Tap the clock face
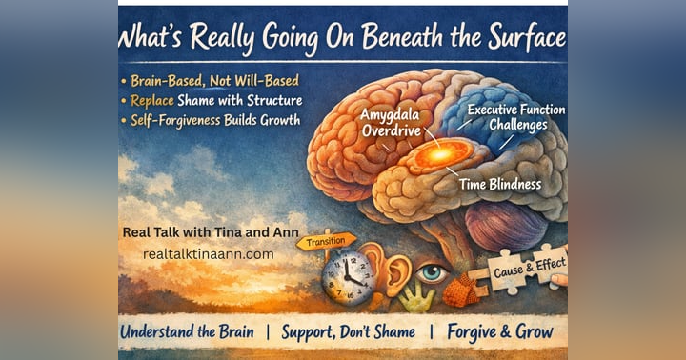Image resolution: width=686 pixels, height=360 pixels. click(348, 279)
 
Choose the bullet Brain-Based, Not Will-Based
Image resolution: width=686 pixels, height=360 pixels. click(212, 80)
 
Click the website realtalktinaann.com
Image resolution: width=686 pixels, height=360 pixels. click(208, 254)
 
